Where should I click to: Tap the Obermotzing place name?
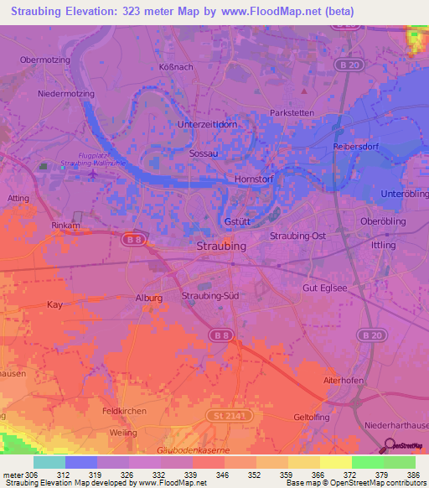point(44,60)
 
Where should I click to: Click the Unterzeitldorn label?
point(209,124)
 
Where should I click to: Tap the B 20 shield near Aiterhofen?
point(370,335)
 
